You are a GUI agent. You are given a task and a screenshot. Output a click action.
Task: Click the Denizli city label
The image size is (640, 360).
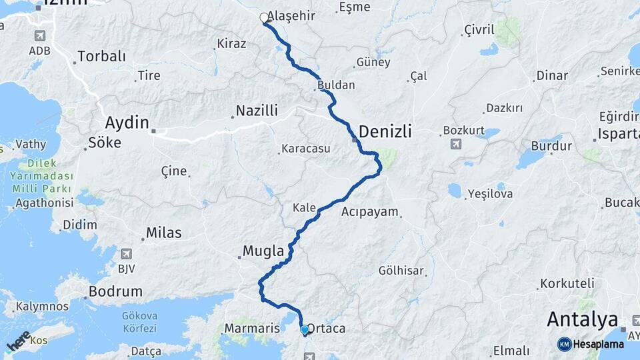(x=385, y=132)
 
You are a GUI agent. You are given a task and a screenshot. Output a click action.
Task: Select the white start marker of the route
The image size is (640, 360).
(x=264, y=18)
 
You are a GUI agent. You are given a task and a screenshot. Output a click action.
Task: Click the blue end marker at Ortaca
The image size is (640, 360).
(x=305, y=329)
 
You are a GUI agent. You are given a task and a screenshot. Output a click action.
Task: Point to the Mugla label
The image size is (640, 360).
(x=263, y=251)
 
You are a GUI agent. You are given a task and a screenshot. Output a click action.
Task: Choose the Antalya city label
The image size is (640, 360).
(x=582, y=319)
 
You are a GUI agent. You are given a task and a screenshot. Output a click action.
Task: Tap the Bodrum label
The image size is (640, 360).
(x=115, y=291)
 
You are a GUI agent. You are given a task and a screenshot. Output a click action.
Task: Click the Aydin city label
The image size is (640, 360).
(x=127, y=122)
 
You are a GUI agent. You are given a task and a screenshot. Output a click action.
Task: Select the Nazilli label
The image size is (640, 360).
(x=257, y=111)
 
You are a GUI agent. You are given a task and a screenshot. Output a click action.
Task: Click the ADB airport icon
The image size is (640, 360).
(x=39, y=35)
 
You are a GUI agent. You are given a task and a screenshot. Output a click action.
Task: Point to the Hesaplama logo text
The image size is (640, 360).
(x=599, y=344)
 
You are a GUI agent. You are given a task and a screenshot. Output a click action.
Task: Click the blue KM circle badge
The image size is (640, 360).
(x=565, y=344)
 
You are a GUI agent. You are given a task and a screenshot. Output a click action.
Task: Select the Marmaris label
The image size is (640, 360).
(x=251, y=329)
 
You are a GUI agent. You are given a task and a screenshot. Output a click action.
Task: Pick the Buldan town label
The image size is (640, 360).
(x=336, y=85)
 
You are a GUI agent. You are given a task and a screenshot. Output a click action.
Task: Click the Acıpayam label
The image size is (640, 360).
(x=370, y=212)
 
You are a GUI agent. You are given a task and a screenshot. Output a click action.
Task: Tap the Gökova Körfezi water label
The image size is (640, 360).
(x=139, y=322)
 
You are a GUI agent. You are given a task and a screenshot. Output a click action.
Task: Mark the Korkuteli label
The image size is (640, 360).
(x=566, y=283)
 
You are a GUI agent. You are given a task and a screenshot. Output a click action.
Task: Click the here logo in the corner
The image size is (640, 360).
(x=18, y=341)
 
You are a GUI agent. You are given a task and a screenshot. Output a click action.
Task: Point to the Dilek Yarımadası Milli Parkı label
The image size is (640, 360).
(x=41, y=177)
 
